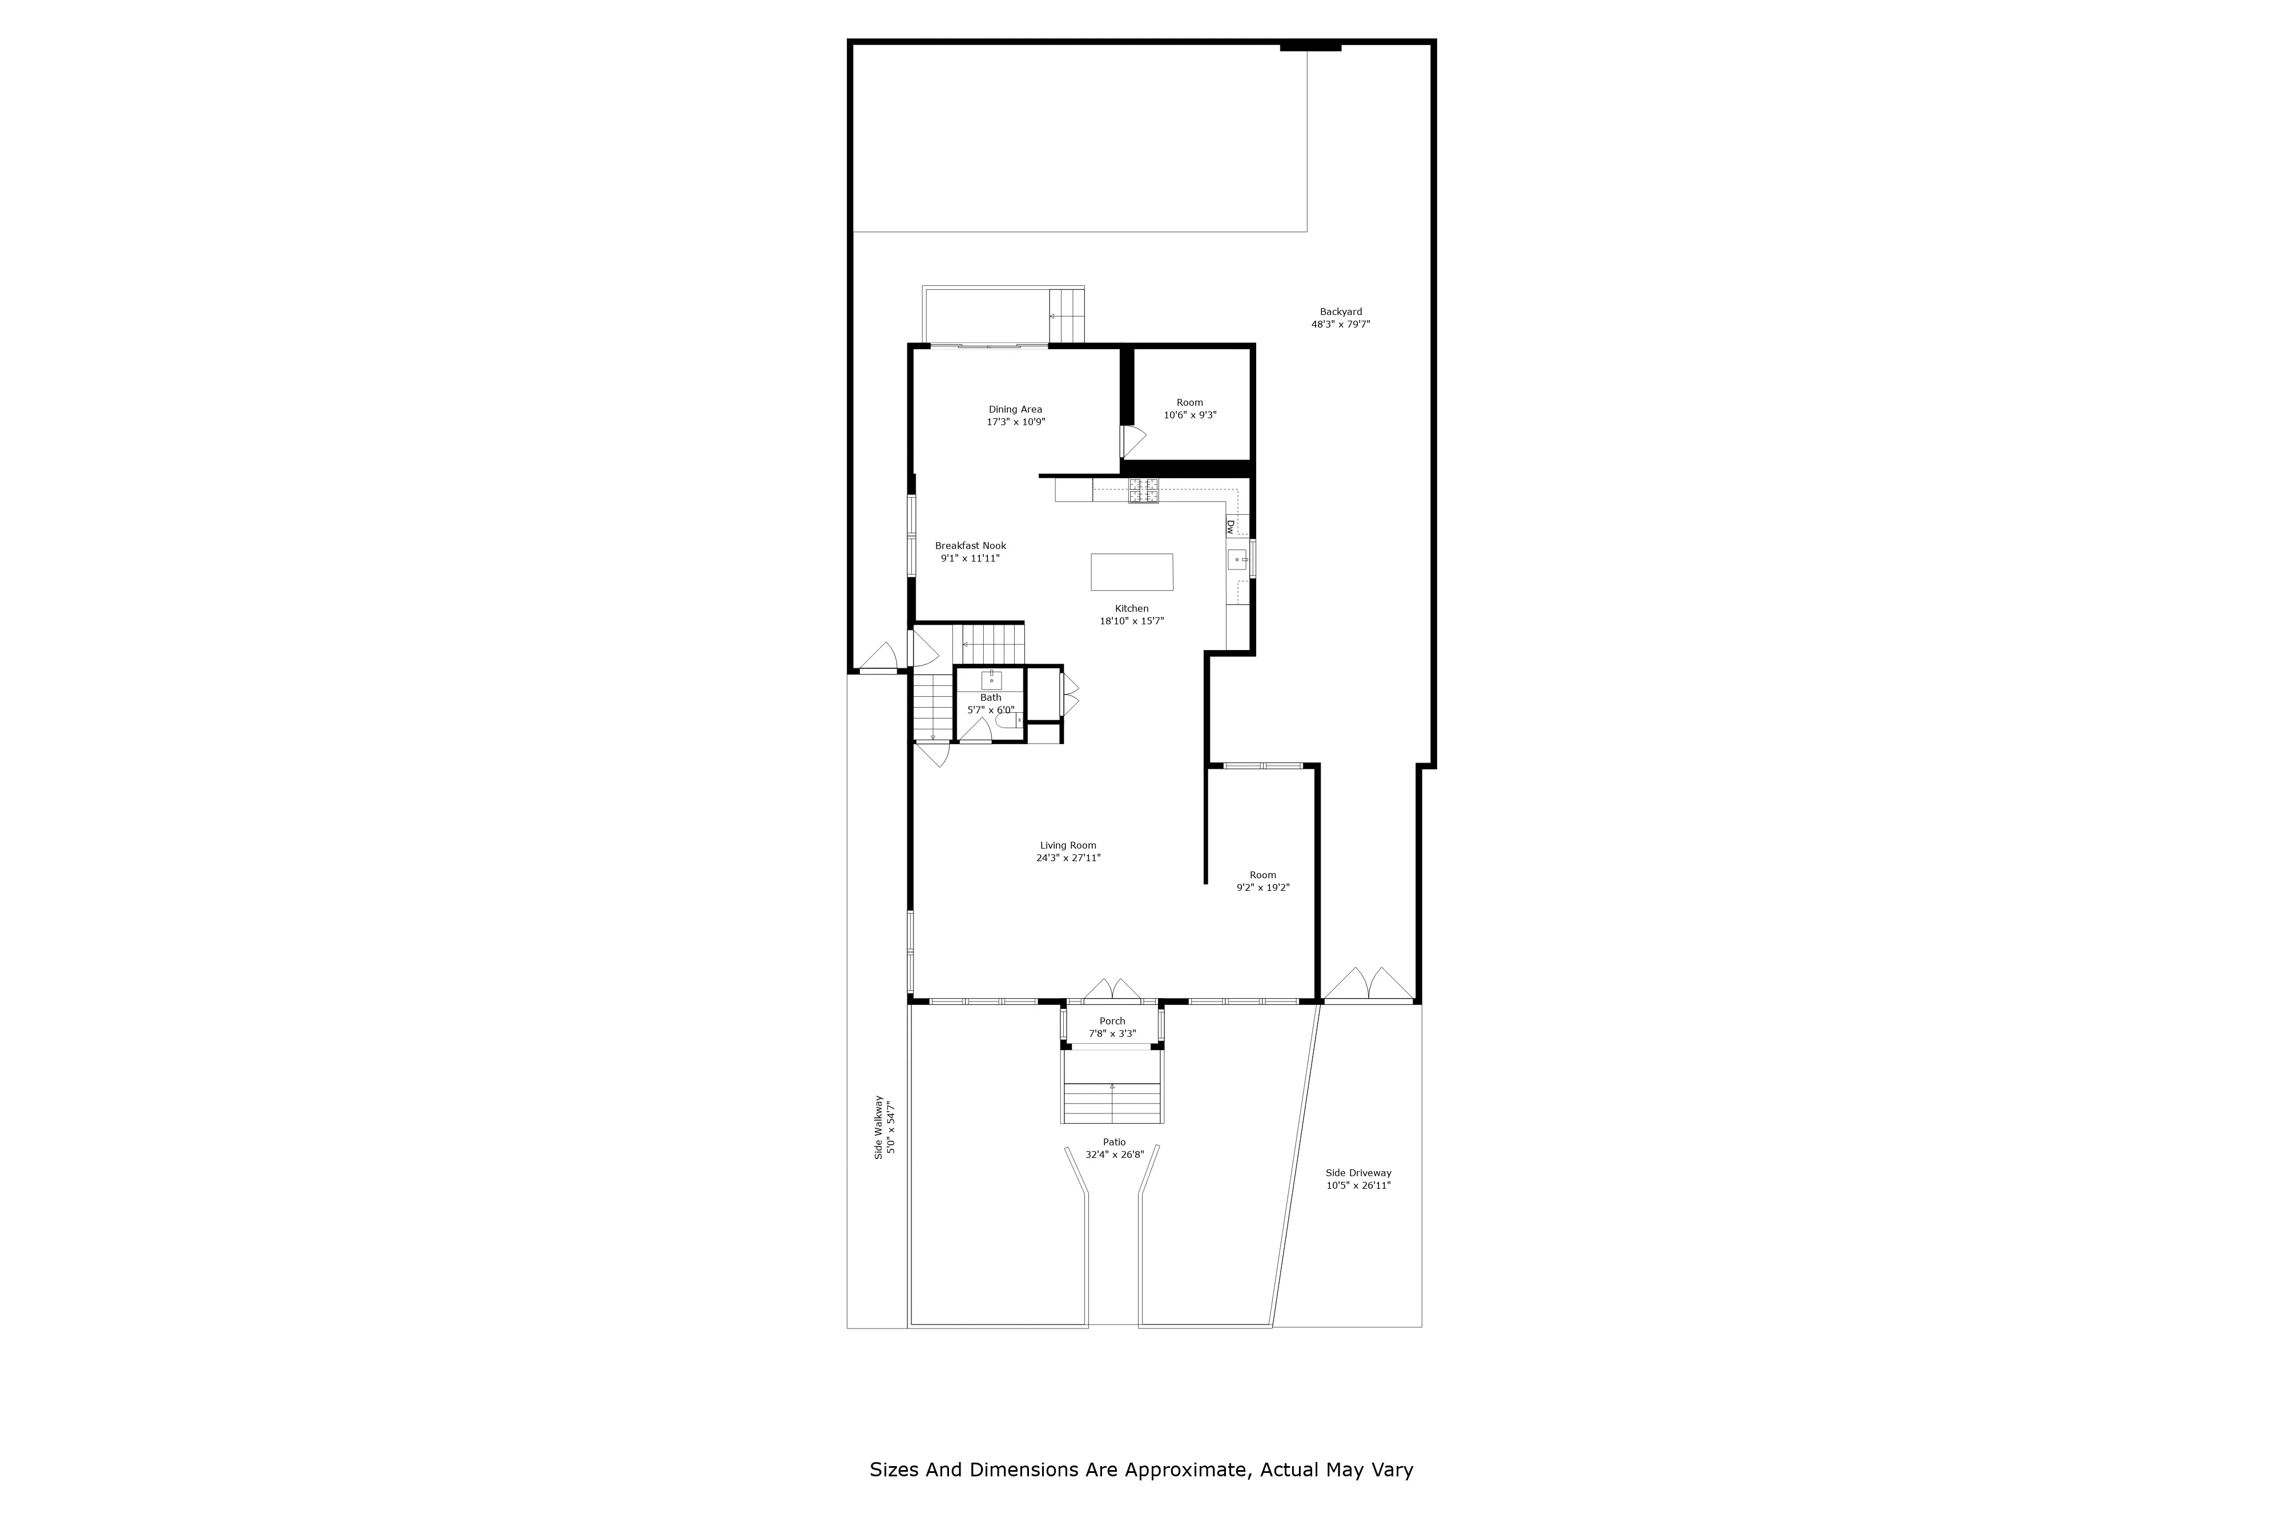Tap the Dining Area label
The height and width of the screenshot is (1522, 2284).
coord(1016,410)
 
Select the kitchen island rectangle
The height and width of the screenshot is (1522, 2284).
coord(1131,572)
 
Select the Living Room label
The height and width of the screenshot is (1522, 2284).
coord(1068,845)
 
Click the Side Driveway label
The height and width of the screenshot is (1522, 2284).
coord(1358,1173)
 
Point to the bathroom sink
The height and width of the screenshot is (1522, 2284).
coord(991,680)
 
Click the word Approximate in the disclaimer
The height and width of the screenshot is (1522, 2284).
coord(1184,1469)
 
